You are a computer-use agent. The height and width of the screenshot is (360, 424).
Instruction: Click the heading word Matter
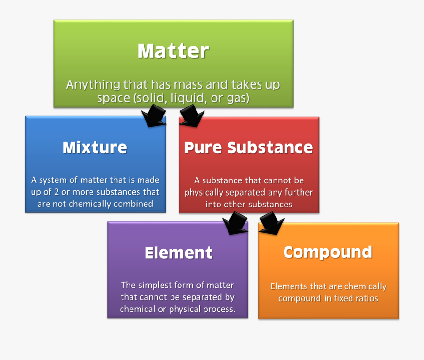[173, 51]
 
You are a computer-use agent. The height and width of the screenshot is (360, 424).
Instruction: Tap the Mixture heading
[95, 147]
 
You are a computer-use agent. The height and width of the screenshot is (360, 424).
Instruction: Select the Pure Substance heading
[248, 147]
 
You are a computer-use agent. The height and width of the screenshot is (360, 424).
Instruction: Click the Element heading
[179, 253]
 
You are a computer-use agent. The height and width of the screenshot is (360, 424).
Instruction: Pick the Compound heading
[328, 253]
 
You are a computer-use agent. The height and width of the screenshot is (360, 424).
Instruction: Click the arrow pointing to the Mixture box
[154, 116]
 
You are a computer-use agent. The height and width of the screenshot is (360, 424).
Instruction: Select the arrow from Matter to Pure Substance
[191, 116]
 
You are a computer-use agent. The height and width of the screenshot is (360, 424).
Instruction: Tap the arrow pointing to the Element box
[235, 223]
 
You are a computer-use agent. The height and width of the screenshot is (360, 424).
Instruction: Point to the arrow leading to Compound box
[271, 223]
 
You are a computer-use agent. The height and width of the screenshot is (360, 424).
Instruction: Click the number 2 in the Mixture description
[56, 192]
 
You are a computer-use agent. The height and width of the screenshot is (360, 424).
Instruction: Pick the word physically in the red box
[204, 193]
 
